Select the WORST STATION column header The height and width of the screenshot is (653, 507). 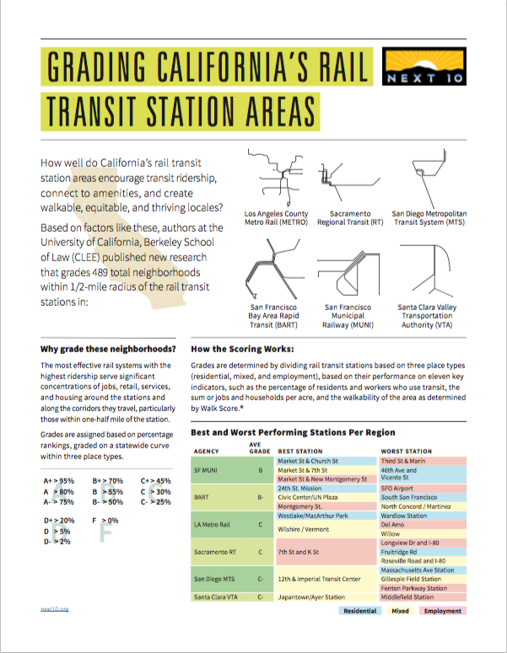tap(406, 452)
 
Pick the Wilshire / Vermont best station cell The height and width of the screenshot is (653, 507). tap(304, 529)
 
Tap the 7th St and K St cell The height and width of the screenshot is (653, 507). tap(298, 552)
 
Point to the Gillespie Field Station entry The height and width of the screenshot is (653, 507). tap(411, 580)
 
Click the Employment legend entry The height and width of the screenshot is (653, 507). tap(442, 611)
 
